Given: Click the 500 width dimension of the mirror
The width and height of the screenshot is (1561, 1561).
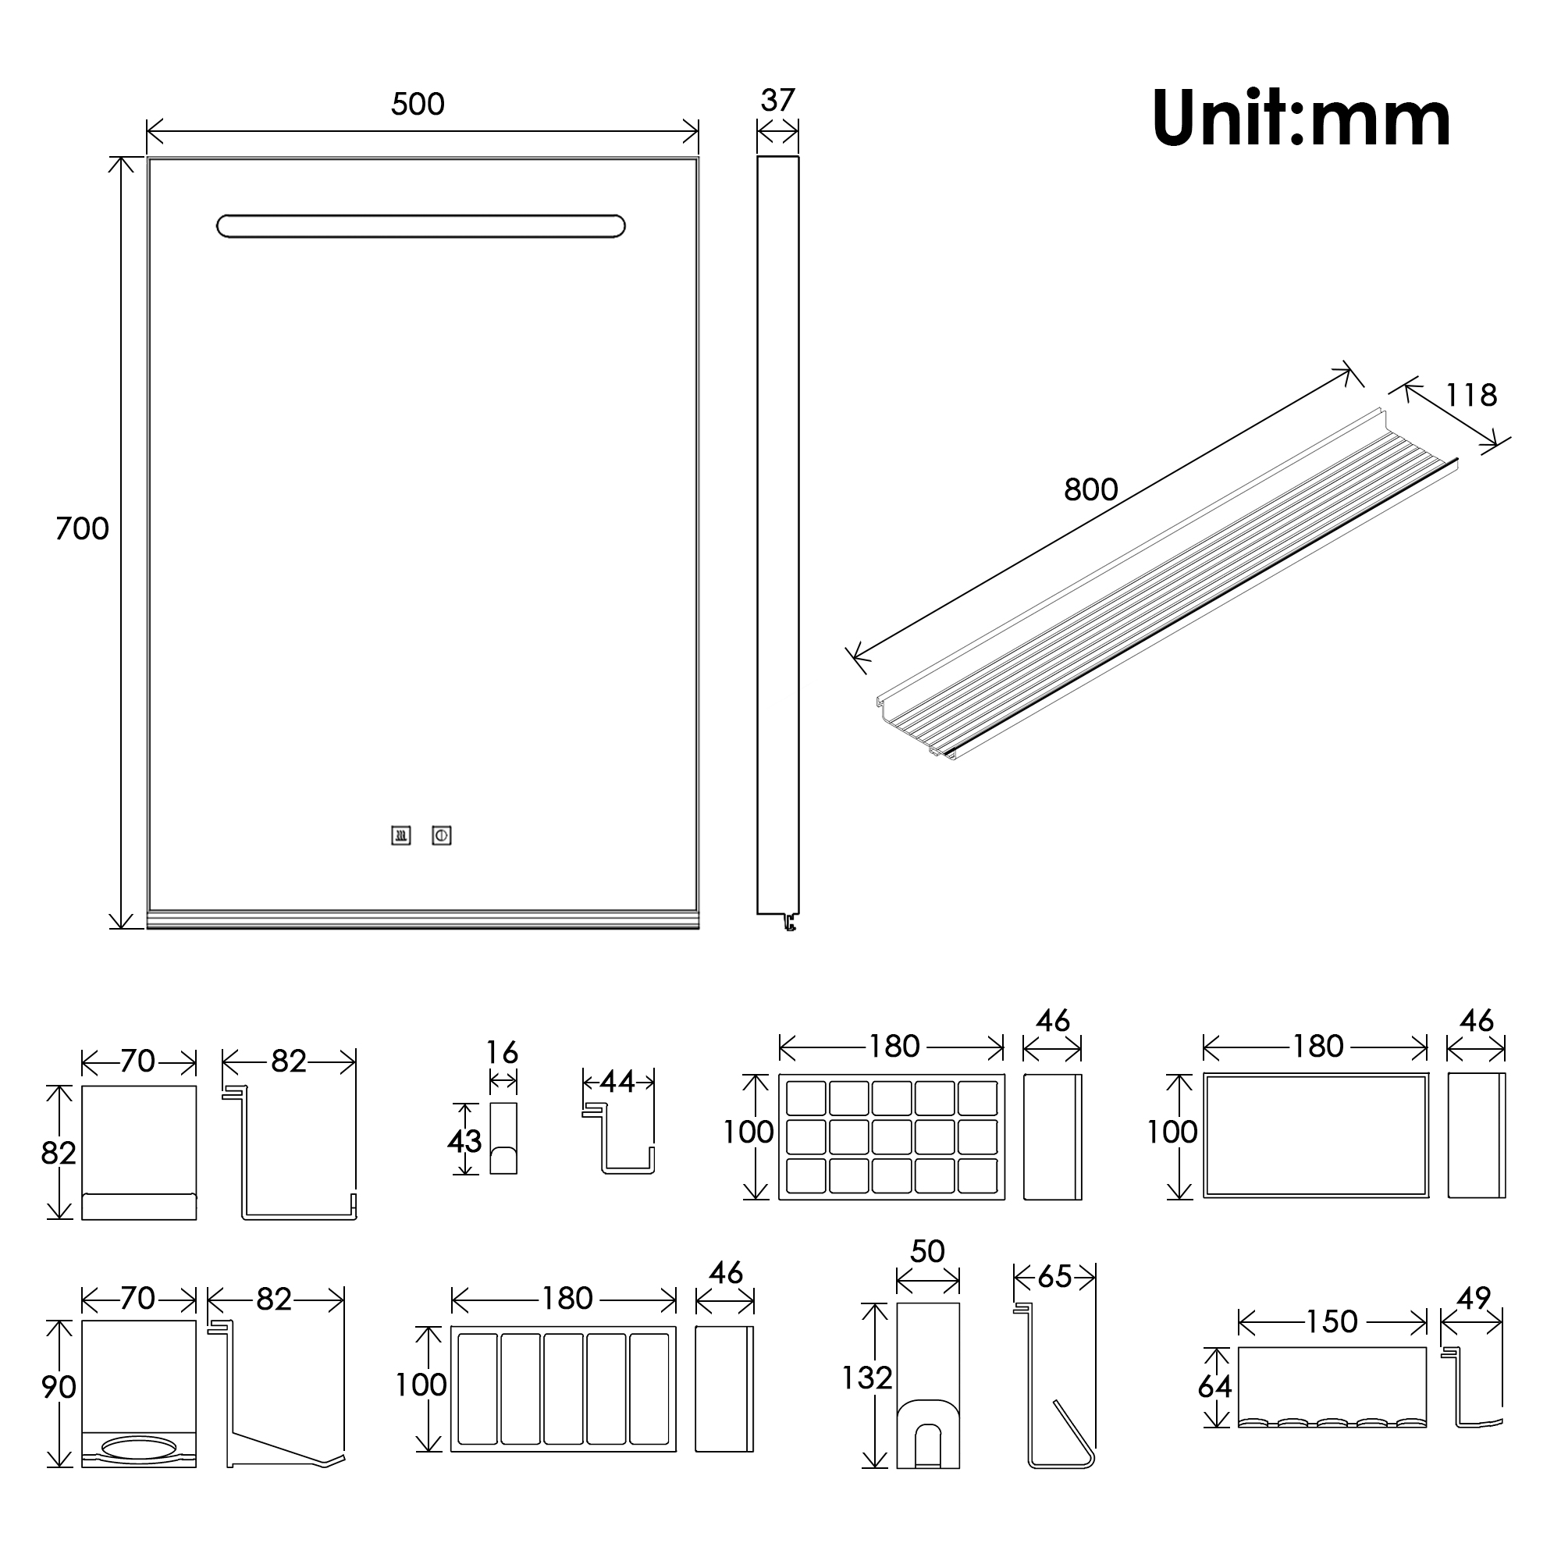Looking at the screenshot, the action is pyautogui.click(x=418, y=105).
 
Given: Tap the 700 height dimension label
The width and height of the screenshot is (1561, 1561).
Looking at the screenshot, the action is pyautogui.click(x=83, y=529).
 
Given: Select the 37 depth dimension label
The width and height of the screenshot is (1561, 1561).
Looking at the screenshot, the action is pyautogui.click(x=778, y=100).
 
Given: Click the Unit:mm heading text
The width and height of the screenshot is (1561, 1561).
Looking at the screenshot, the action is pyautogui.click(x=1302, y=119).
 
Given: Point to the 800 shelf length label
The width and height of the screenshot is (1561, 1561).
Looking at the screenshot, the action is pyautogui.click(x=1091, y=489).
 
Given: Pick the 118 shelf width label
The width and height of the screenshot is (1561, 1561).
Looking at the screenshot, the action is pyautogui.click(x=1471, y=395).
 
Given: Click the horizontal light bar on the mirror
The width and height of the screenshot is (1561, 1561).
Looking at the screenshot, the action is pyautogui.click(x=421, y=226).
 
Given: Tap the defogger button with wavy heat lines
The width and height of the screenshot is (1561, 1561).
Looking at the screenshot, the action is pyautogui.click(x=400, y=835).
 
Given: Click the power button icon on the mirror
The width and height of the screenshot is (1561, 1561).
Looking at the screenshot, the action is pyautogui.click(x=441, y=835).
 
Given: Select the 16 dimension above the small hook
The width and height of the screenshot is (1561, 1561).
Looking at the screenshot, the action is pyautogui.click(x=502, y=1053).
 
